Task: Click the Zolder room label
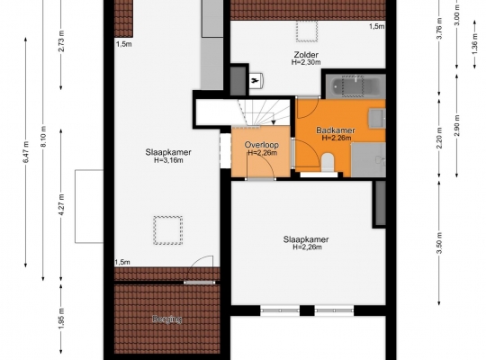(306, 55)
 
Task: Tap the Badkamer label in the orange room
(336, 130)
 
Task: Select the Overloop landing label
(262, 145)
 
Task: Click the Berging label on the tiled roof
(167, 319)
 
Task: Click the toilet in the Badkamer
(328, 162)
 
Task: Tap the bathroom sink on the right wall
(377, 118)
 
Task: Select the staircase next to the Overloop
(264, 112)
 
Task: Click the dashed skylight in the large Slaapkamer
(168, 230)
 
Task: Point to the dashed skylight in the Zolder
(307, 31)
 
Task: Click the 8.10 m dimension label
(43, 137)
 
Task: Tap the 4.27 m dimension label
(61, 204)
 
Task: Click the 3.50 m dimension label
(439, 242)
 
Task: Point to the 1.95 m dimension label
(61, 319)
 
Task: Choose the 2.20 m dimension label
(439, 138)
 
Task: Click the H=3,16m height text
(168, 160)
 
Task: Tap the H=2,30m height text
(306, 62)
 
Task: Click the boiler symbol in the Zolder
(256, 81)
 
